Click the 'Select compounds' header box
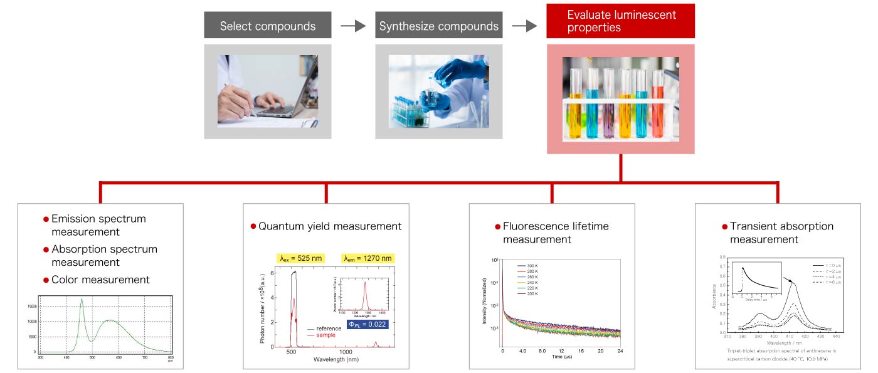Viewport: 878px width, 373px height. click(268, 26)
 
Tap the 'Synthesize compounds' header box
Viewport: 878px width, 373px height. click(439, 26)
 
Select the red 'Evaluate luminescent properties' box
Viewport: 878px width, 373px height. click(621, 21)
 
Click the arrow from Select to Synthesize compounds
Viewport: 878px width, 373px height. click(353, 26)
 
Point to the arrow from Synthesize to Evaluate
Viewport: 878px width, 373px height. click(524, 26)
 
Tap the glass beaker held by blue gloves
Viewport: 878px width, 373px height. click(431, 98)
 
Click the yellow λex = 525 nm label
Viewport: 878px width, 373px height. click(300, 258)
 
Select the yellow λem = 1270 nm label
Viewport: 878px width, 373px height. click(367, 258)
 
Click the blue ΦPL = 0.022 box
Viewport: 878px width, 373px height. click(368, 324)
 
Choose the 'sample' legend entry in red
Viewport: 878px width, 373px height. click(325, 335)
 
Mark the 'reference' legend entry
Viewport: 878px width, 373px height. click(329, 328)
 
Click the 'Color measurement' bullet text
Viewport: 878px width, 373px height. click(100, 280)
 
